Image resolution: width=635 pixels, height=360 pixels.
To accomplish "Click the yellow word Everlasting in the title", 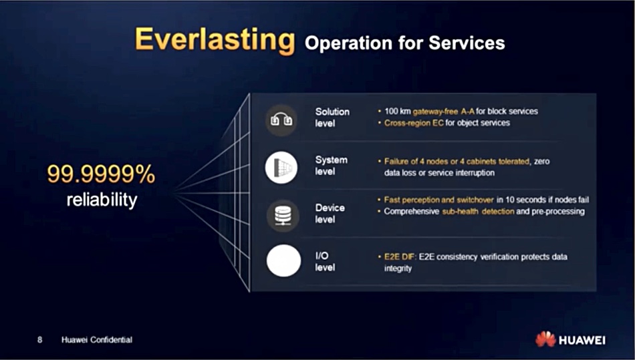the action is pyautogui.click(x=215, y=41).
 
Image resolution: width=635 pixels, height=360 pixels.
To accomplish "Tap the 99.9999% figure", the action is pyautogui.click(x=101, y=174).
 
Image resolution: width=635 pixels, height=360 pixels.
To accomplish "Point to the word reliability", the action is pyautogui.click(x=102, y=200).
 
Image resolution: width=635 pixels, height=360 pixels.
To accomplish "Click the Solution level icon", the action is pyautogui.click(x=281, y=120).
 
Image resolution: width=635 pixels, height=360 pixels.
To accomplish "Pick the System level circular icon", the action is pyautogui.click(x=281, y=168).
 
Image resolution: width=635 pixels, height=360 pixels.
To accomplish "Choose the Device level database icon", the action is pyautogui.click(x=283, y=215).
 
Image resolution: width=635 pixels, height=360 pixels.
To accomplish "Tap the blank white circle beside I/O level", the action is pyautogui.click(x=283, y=260).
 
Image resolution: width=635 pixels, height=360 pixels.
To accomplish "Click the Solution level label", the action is pyautogui.click(x=332, y=118).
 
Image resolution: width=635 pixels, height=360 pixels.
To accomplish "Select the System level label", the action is pyautogui.click(x=332, y=166).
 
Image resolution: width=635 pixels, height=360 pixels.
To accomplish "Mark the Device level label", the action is pyautogui.click(x=330, y=213).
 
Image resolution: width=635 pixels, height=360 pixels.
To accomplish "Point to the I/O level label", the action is pyautogui.click(x=325, y=261).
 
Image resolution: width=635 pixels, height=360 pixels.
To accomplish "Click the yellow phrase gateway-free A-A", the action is pyautogui.click(x=443, y=112).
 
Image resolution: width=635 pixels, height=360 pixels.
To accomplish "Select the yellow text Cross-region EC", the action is pyautogui.click(x=414, y=123).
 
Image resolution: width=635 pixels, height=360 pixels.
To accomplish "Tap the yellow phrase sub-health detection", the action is pyautogui.click(x=478, y=211).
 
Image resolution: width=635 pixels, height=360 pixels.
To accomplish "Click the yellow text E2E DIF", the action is pyautogui.click(x=399, y=257).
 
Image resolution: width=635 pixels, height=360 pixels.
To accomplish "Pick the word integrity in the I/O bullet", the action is pyautogui.click(x=398, y=268).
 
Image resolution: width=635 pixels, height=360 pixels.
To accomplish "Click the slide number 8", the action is pyautogui.click(x=39, y=339).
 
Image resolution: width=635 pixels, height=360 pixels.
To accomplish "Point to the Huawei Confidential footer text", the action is pyautogui.click(x=97, y=340).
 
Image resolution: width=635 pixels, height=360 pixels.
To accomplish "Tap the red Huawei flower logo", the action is pyautogui.click(x=545, y=339).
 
